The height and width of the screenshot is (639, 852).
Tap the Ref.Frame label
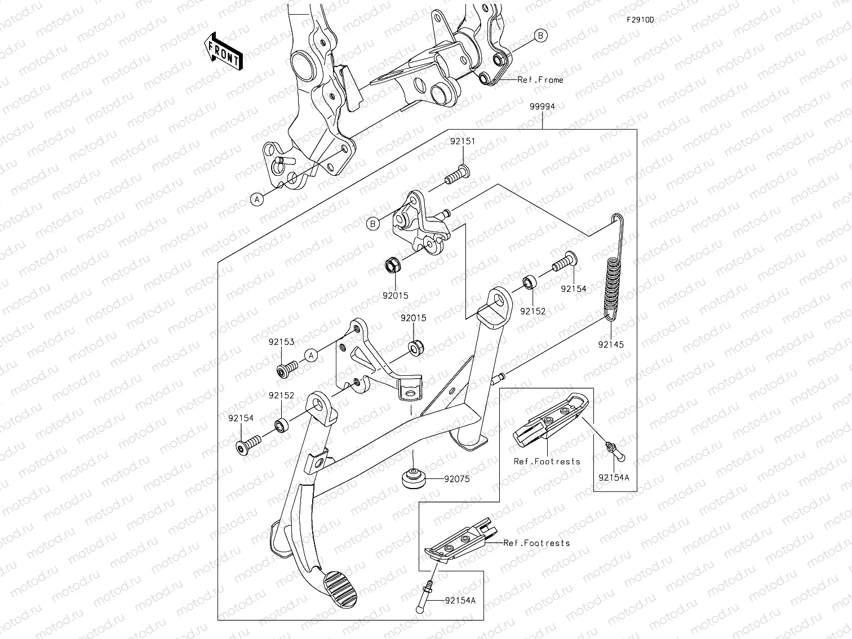coord(540,80)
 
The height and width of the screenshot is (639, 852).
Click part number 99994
coord(542,106)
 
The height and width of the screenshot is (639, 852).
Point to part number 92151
coord(462,141)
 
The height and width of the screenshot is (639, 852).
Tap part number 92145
coord(611,344)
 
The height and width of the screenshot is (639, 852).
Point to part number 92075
coord(456,480)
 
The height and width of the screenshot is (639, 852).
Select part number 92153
coord(281,341)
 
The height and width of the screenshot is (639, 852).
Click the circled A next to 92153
coord(310,355)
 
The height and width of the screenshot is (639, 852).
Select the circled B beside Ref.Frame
coord(540,35)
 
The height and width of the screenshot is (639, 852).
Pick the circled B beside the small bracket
coord(372,224)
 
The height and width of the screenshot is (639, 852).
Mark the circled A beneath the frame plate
coord(257,199)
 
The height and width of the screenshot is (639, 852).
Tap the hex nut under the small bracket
coord(392,264)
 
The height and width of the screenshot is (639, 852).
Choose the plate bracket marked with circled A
coord(372,361)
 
